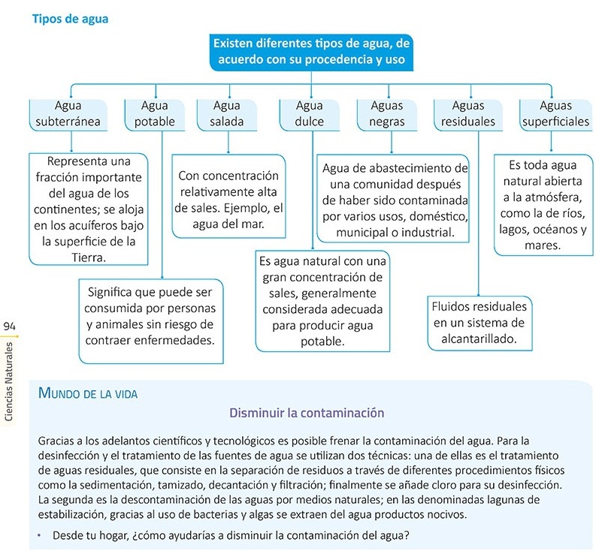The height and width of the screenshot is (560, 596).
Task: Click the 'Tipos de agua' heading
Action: [x=70, y=19]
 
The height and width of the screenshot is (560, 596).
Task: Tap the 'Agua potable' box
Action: [x=155, y=113]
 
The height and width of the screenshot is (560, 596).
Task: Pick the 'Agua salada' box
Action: [x=226, y=113]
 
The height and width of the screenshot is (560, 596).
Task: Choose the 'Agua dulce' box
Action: [x=310, y=113]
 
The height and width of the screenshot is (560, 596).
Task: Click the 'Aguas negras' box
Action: [x=387, y=113]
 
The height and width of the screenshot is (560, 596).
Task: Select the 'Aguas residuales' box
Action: [x=468, y=113]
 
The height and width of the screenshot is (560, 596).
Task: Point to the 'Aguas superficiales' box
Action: [x=555, y=113]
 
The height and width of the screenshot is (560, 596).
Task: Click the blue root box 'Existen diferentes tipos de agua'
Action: [x=310, y=52]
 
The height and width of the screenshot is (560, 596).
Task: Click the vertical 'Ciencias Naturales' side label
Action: [x=10, y=383]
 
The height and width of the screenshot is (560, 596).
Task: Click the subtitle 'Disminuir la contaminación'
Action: [x=307, y=413]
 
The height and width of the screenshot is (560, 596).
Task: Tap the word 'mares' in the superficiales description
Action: [x=542, y=245]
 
